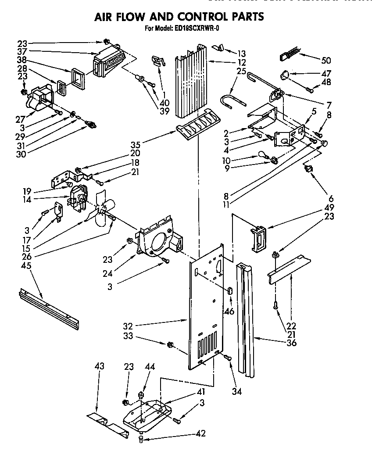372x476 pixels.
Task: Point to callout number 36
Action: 291,343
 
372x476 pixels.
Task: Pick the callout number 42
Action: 201,433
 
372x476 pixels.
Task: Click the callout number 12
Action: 242,62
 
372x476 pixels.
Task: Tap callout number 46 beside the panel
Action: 229,312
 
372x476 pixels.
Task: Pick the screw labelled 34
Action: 228,358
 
